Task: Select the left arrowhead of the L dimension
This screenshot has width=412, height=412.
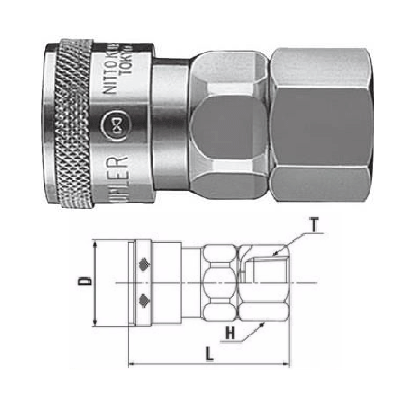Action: click(132, 368)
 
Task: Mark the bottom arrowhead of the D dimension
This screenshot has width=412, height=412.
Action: click(94, 326)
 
